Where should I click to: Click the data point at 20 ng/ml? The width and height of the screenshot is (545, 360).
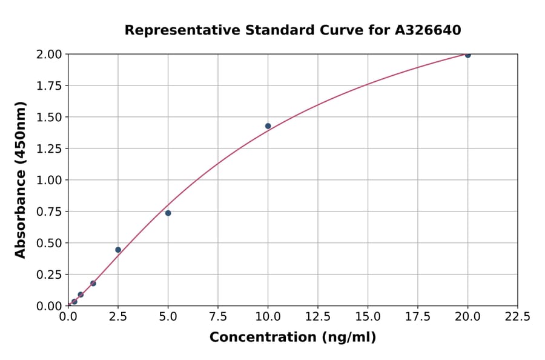pos(467,55)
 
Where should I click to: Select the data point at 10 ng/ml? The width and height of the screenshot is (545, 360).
pos(268,126)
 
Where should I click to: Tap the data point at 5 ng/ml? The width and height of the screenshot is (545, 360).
pos(168,213)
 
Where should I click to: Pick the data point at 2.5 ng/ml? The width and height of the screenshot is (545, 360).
pos(118,250)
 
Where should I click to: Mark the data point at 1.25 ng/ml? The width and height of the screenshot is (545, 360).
pos(93,283)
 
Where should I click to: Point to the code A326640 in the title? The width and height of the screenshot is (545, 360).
pos(428,30)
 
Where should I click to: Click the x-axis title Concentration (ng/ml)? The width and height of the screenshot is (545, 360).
pos(292,338)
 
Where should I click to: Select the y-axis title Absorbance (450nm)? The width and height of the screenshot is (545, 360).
pos(21,179)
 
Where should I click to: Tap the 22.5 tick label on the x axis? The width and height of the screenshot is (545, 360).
pos(517,317)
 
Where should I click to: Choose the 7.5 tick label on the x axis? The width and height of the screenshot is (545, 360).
pos(218,317)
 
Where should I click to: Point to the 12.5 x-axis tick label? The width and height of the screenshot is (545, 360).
pos(317,317)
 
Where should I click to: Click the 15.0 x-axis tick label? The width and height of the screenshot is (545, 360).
pos(368,317)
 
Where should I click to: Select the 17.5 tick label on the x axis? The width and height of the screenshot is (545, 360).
pos(417,317)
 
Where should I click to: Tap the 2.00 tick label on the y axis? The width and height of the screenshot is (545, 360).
pos(49,55)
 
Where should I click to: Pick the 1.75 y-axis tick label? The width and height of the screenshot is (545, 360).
pos(49,86)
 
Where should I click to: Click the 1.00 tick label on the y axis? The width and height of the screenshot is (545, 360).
pos(49,180)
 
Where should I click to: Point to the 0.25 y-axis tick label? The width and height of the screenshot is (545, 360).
pos(49,275)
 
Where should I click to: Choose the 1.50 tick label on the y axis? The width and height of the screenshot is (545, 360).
pos(49,117)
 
